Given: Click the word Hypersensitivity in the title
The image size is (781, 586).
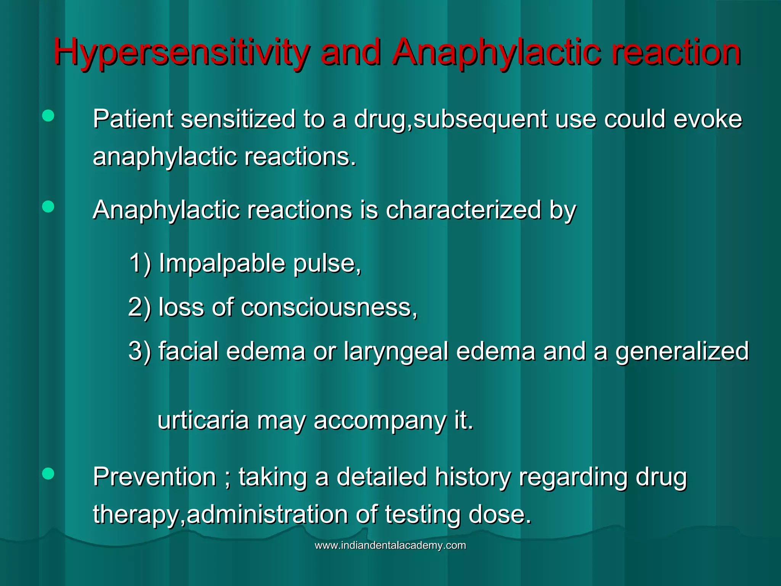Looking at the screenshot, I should tap(181, 53).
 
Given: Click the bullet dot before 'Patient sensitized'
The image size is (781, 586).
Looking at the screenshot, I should tap(48, 116).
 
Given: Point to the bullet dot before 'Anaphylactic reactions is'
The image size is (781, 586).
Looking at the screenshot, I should tap(48, 207).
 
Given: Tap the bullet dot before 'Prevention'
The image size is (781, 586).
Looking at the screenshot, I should tap(48, 474).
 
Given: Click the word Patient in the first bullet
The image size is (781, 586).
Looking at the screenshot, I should tap(133, 119).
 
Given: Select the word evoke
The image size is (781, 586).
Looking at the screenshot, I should tap(708, 119).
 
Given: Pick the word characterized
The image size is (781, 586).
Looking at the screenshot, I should tap(463, 210).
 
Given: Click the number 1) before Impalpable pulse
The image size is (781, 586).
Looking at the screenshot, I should tap(140, 263).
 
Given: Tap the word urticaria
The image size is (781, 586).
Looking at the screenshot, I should tap(203, 420).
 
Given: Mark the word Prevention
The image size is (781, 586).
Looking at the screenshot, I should tap(154, 477).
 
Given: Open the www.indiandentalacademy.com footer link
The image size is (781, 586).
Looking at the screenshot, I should tap(390, 545).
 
